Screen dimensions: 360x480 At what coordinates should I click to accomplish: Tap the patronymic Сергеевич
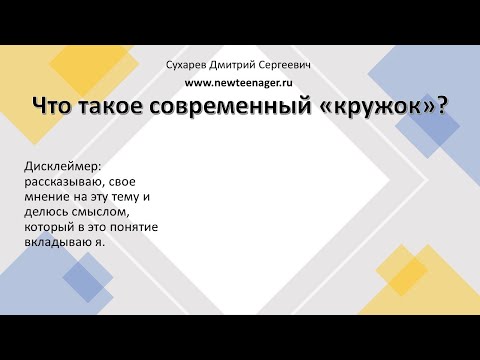(293, 65)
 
